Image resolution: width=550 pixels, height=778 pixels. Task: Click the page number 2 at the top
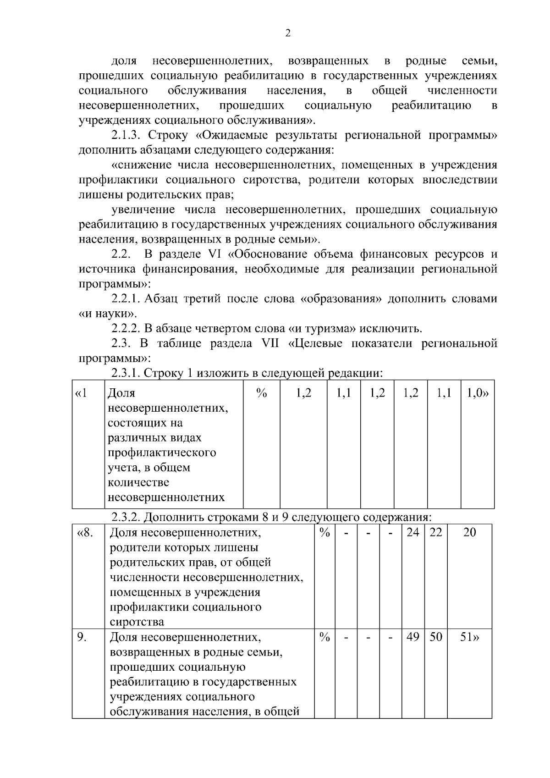288,33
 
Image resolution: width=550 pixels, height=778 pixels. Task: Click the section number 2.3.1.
126,373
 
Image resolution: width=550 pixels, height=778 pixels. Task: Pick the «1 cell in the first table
81,393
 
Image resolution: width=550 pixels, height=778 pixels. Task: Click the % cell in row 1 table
261,393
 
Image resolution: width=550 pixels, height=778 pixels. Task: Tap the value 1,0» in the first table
478,393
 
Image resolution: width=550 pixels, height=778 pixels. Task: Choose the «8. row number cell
86,533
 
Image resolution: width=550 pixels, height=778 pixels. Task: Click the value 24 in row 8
413,533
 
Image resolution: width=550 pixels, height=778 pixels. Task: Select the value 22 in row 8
435,533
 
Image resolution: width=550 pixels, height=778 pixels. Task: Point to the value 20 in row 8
469,533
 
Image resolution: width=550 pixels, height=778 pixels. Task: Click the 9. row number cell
82,637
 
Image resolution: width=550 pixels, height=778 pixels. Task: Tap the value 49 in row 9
413,637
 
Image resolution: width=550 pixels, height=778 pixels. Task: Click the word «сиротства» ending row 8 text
137,622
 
